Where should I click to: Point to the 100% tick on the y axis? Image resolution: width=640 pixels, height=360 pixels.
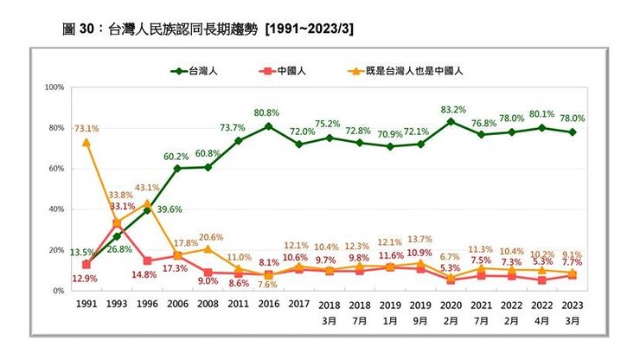click(55, 87)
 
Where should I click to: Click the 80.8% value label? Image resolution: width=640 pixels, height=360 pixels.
click(268, 113)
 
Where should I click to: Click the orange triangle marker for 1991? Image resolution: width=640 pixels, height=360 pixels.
click(86, 142)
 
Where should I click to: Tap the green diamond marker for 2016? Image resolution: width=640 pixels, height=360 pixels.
click(268, 126)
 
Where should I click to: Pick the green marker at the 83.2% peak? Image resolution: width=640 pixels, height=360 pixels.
click(451, 122)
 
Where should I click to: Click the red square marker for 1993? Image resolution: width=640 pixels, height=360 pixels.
click(117, 223)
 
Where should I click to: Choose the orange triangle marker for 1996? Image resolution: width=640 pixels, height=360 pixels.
click(147, 203)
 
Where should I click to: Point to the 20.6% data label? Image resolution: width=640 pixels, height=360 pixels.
click(211, 236)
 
